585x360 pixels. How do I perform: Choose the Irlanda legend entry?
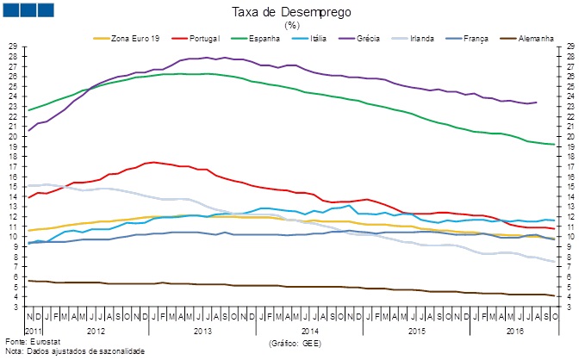436,38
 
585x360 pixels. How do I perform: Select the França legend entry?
486,38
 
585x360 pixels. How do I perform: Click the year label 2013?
203,331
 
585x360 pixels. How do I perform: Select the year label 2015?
415,331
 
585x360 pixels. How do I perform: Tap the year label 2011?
33,331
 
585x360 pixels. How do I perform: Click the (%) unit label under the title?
291,25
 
